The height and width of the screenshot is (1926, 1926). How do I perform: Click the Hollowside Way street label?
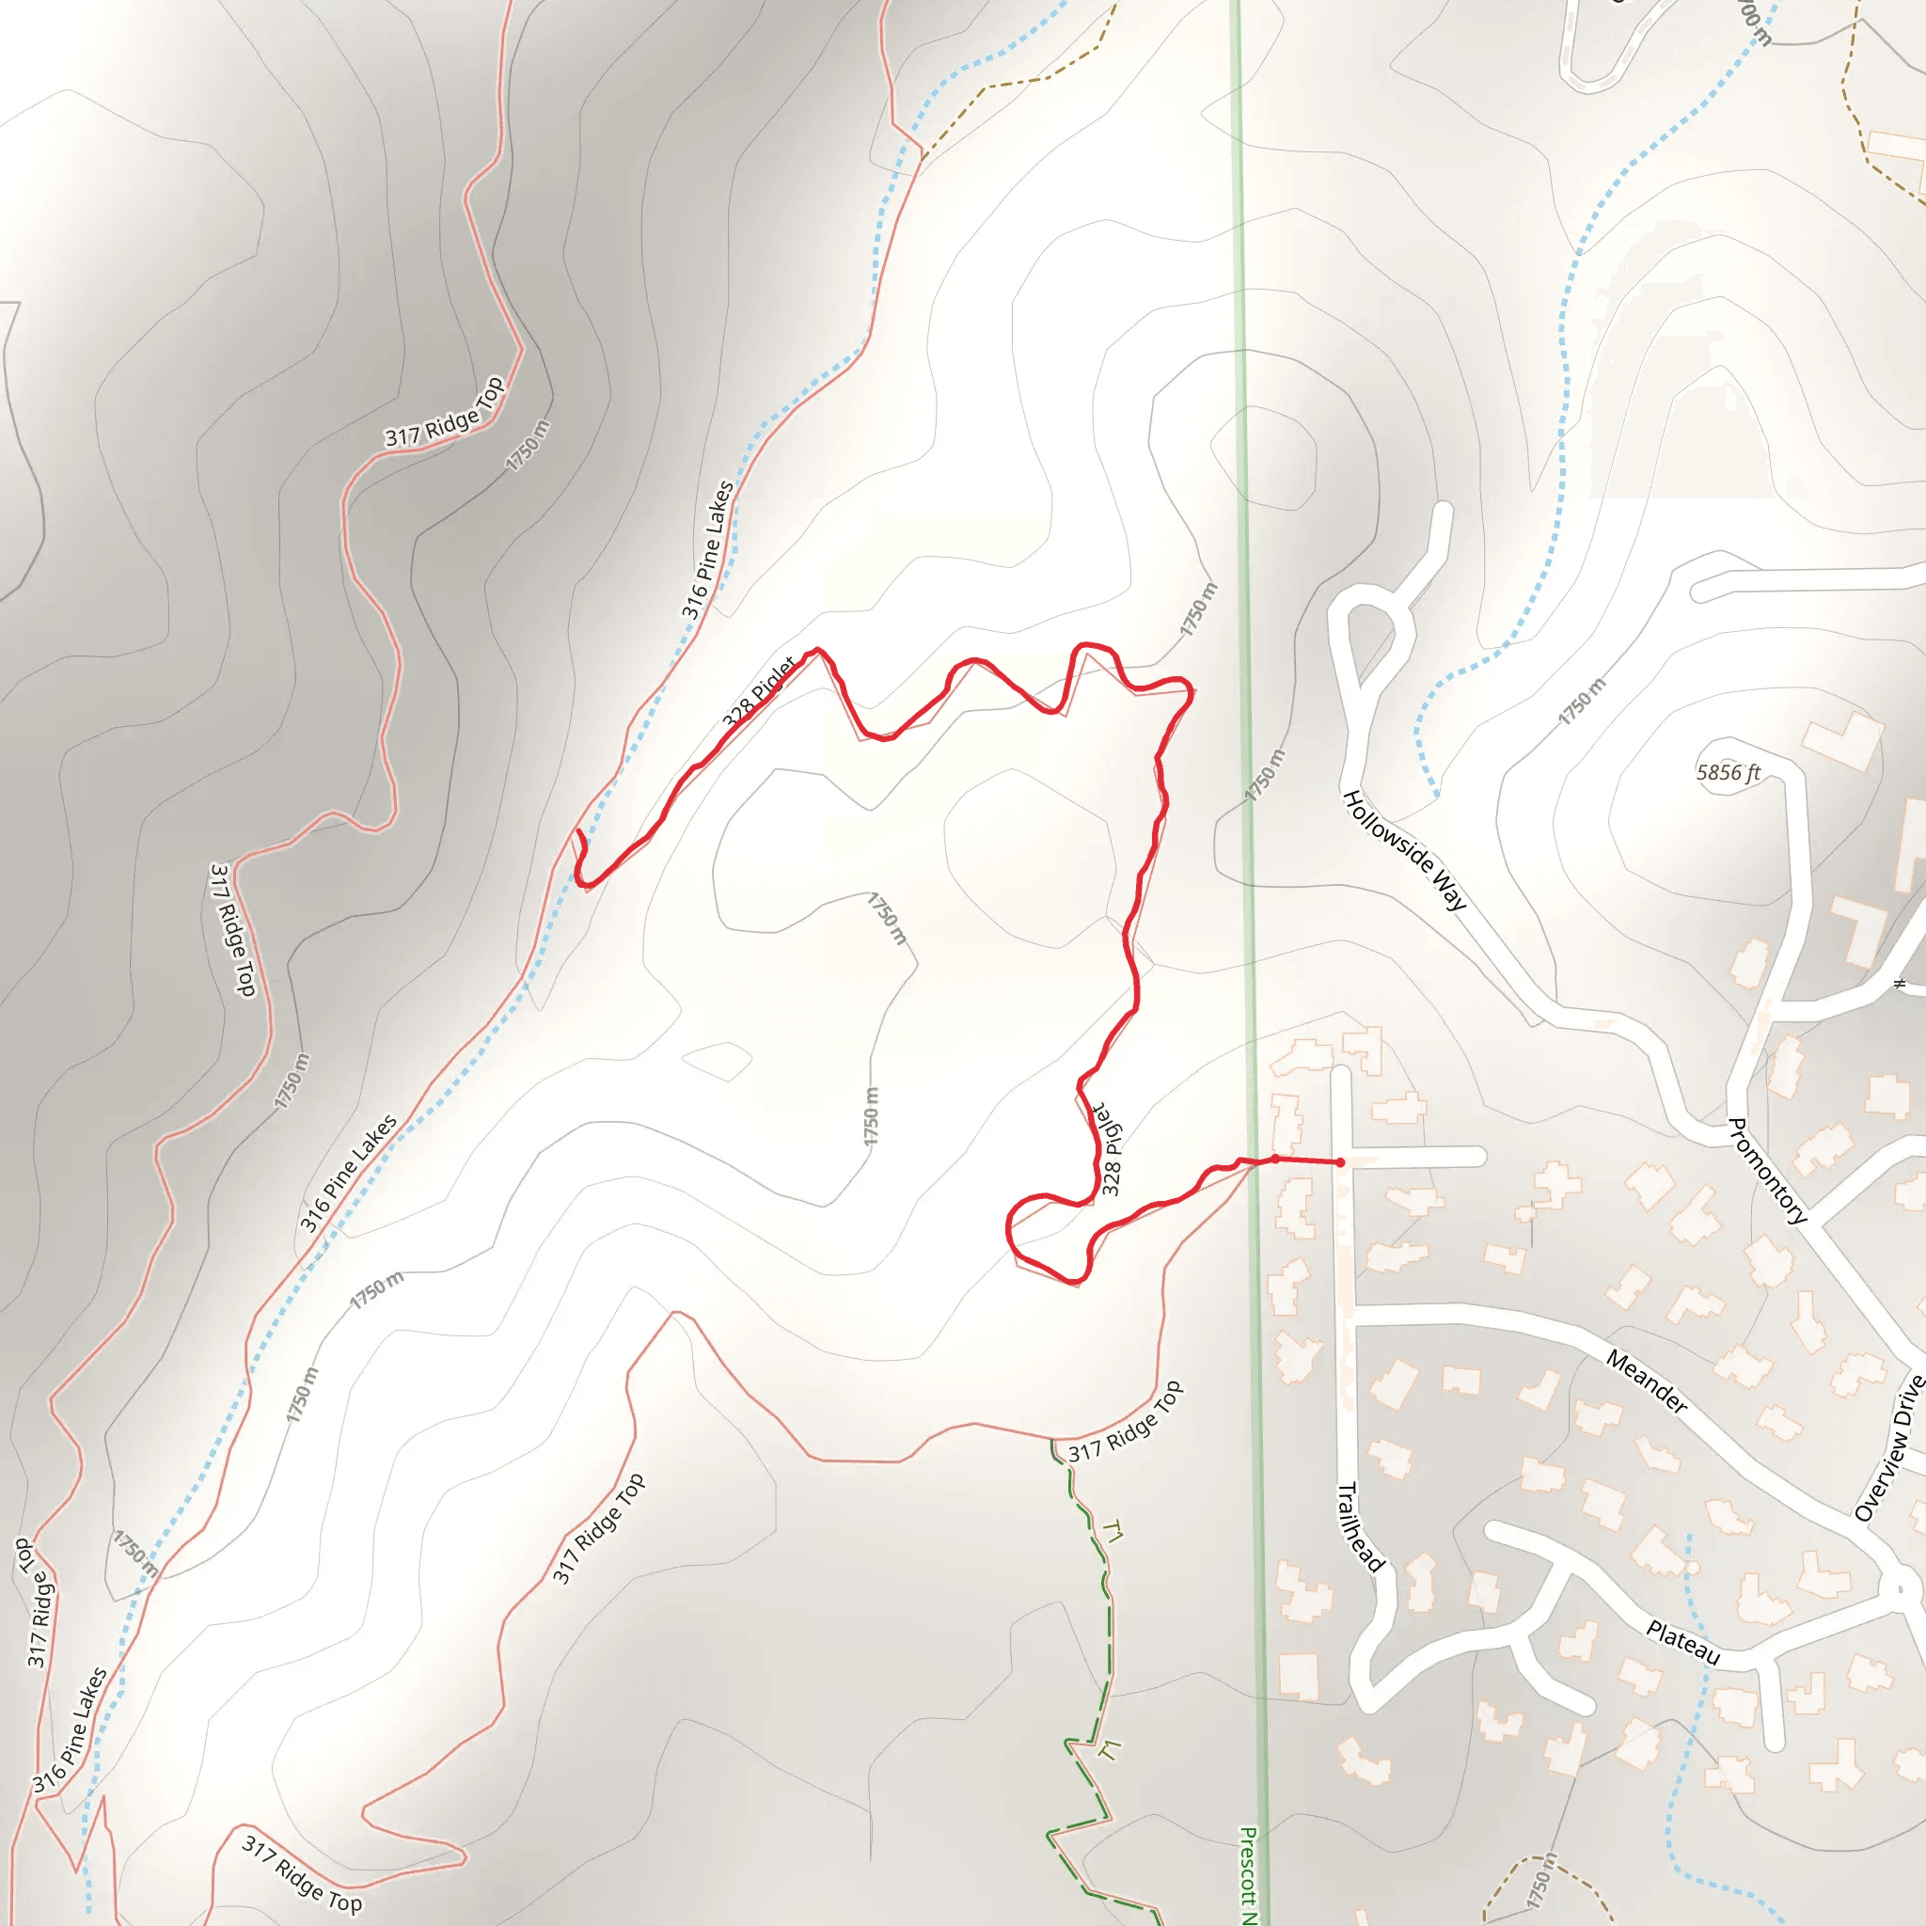coord(1404,850)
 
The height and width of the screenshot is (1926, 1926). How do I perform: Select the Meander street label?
coord(1646,1381)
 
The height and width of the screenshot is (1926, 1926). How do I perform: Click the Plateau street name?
coord(1682,1643)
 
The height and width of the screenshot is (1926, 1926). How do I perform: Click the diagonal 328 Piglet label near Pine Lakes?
coord(759,690)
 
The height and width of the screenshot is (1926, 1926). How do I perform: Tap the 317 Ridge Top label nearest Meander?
coord(1126,1422)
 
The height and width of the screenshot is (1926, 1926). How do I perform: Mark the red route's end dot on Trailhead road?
coord(1340,1162)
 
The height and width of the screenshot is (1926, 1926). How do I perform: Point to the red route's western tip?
coord(578,830)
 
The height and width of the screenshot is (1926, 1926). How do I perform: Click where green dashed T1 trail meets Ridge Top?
coord(1052,1441)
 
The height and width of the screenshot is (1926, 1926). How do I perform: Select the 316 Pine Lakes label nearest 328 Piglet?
coord(708,549)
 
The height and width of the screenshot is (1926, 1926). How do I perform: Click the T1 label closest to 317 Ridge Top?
coord(1113,1532)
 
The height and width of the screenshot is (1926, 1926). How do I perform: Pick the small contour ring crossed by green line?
coord(1263,460)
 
